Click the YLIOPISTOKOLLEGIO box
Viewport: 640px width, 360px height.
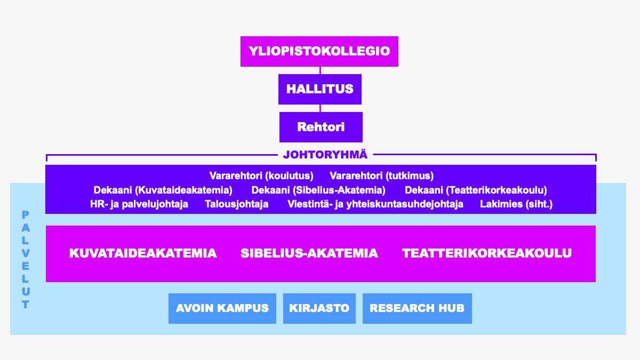coord(319,51)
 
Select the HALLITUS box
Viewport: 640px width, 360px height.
coord(320,89)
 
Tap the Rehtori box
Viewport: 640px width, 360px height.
coord(321,127)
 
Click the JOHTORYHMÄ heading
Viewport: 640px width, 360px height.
coord(325,155)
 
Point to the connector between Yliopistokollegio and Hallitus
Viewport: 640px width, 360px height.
coord(320,70)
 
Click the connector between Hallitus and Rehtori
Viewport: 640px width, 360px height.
coord(320,108)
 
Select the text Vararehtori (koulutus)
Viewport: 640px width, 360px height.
coord(261,175)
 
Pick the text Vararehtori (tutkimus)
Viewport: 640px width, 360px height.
coord(381,175)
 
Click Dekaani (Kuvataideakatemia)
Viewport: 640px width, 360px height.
coord(163,190)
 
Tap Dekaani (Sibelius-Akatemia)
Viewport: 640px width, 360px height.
coord(318,190)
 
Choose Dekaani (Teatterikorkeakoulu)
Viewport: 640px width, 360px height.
coord(476,190)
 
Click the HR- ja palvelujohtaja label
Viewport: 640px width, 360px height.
coord(139,204)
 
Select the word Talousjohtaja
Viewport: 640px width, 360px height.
coord(237,204)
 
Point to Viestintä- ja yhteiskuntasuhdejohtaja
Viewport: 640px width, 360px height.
coord(375,204)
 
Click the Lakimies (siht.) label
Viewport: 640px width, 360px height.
coord(516,204)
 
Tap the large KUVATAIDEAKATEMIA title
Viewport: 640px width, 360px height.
coord(143,253)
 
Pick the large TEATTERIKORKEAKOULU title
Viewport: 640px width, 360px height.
coord(486,253)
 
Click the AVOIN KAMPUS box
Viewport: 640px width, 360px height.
coord(222,308)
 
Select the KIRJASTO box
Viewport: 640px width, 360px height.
coord(319,308)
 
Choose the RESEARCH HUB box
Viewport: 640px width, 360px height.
coord(417,308)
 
